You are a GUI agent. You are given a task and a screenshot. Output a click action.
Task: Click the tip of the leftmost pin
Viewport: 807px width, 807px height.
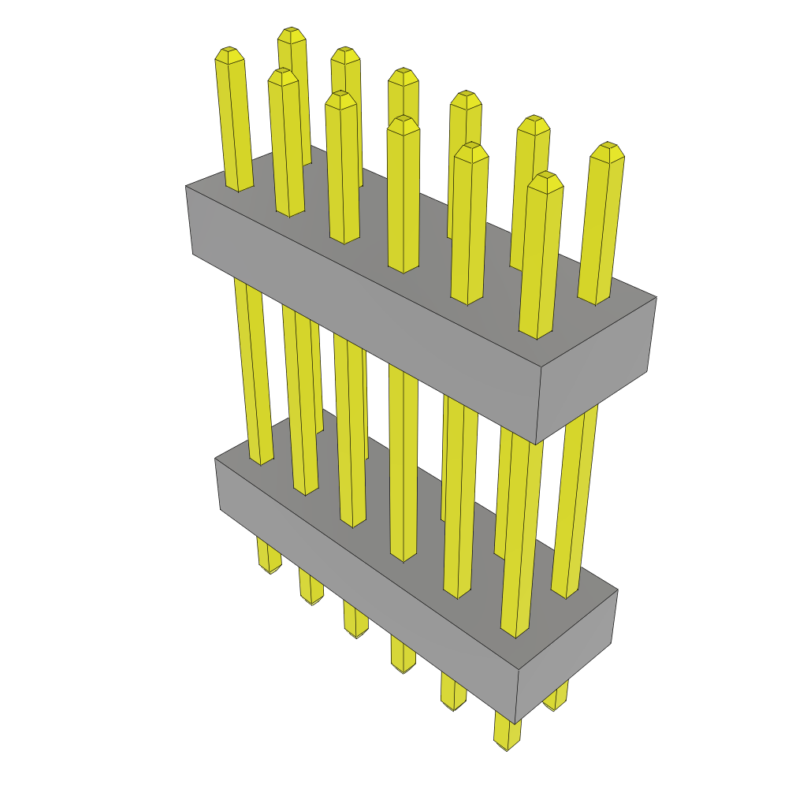tap(229, 54)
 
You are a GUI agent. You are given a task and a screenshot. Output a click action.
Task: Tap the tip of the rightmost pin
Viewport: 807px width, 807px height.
tap(608, 151)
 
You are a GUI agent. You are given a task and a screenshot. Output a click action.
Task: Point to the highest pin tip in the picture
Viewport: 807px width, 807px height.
tap(292, 34)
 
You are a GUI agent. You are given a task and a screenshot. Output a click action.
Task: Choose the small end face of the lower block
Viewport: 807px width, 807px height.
tap(566, 654)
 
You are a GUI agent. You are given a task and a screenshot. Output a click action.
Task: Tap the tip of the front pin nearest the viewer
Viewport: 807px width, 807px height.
tap(545, 180)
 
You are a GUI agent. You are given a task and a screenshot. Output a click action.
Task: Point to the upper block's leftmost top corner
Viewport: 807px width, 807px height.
tap(186, 187)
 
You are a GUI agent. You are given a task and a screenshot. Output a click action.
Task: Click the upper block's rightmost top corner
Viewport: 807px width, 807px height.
tap(656, 297)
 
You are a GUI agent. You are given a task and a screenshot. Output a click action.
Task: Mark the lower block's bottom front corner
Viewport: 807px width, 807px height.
tap(515, 723)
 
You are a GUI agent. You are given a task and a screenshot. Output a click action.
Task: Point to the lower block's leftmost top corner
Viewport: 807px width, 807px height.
tap(215, 459)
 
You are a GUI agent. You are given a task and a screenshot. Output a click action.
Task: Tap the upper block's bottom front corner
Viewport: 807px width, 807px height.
tap(536, 444)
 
